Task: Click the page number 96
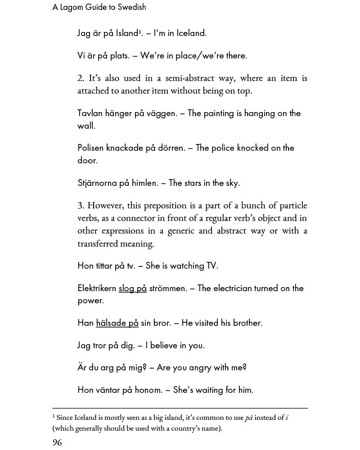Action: [x=57, y=442]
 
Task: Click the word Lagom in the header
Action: [x=72, y=7]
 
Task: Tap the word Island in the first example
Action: [x=126, y=33]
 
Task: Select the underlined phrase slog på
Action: [x=133, y=288]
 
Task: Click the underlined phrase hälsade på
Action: [x=117, y=323]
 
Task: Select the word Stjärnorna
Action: [x=97, y=183]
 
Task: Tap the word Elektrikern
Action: [x=97, y=288]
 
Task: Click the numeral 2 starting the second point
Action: [x=80, y=78]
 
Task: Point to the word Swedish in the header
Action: [x=132, y=7]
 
